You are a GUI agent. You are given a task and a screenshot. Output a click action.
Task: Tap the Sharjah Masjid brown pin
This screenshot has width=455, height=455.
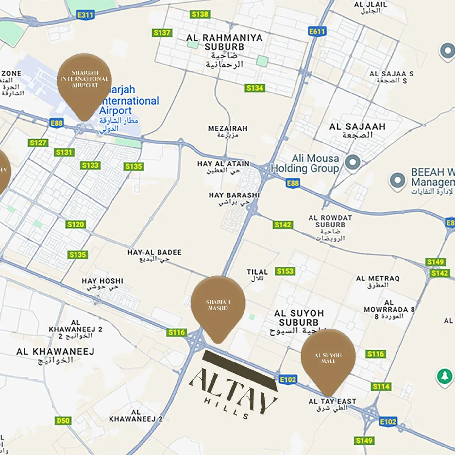click(218, 304)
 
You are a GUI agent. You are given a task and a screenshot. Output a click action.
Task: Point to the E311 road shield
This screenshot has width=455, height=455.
click(85, 15)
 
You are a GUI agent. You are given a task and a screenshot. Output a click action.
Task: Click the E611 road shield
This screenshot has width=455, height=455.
click(317, 31)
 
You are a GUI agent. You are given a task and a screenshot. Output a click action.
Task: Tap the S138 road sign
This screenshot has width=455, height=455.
click(200, 14)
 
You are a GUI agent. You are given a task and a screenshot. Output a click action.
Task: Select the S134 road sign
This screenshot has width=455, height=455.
click(255, 88)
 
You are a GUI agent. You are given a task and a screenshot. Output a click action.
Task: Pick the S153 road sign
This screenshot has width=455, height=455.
click(285, 271)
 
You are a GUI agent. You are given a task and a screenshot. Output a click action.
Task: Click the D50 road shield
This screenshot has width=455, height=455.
click(63, 420)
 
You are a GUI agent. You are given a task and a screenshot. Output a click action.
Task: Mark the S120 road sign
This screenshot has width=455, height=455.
click(76, 224)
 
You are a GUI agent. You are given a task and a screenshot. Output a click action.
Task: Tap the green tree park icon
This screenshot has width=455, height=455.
click(445, 376)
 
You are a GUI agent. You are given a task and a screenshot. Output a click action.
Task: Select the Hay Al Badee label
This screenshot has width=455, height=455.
click(154, 255)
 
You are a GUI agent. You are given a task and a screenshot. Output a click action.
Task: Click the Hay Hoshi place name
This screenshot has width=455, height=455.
click(102, 284)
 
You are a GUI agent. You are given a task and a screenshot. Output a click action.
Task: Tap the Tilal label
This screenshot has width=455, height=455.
click(257, 275)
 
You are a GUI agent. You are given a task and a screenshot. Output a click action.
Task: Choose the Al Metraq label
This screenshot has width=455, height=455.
click(378, 281)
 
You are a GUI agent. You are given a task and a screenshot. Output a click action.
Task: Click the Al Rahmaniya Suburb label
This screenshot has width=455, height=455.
click(224, 51)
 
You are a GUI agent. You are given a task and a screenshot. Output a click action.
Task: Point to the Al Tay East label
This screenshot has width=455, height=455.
click(332, 404)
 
